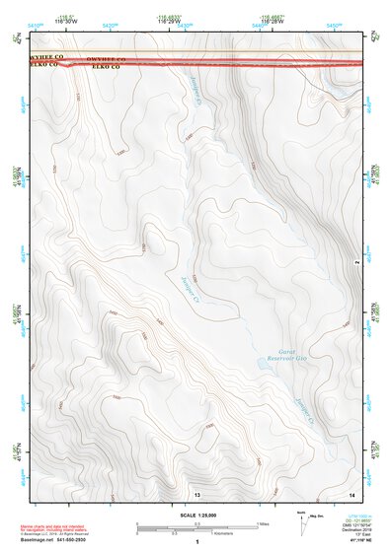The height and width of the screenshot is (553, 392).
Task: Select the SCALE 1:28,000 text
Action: coord(198,516)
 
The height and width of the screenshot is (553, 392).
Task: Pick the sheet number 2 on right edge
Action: coord(355,262)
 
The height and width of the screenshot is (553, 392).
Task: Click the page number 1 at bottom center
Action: coord(197,543)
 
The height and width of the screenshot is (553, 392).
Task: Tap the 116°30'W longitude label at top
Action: coord(68,21)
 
